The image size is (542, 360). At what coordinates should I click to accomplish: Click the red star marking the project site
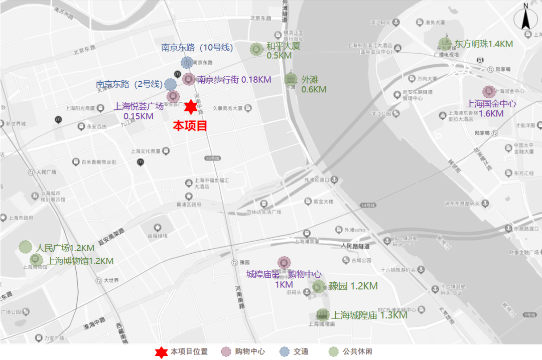(190, 107)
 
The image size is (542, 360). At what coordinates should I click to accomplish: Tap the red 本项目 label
(190, 126)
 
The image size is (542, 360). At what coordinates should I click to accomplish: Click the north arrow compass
(525, 20)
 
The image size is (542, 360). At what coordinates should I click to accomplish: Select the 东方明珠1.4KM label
(483, 44)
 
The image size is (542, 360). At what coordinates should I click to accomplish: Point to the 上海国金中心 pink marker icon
(489, 92)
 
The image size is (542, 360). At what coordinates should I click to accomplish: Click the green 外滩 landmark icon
(291, 79)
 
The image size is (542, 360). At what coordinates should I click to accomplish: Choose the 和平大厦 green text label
(283, 46)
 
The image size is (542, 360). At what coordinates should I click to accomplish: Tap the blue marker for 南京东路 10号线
(187, 63)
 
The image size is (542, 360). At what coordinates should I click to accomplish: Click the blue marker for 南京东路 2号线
(171, 84)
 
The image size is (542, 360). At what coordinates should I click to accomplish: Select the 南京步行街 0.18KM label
(234, 79)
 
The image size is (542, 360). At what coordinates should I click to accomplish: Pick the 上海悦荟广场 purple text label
(139, 106)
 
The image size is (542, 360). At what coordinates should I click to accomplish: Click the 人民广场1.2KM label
(65, 248)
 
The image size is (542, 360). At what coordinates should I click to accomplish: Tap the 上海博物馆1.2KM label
(80, 261)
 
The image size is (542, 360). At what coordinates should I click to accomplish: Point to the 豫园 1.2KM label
(353, 286)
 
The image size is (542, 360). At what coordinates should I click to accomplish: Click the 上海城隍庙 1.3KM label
(369, 315)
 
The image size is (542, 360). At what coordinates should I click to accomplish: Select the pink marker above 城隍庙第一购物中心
(284, 263)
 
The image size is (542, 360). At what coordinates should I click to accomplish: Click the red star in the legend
(161, 352)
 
